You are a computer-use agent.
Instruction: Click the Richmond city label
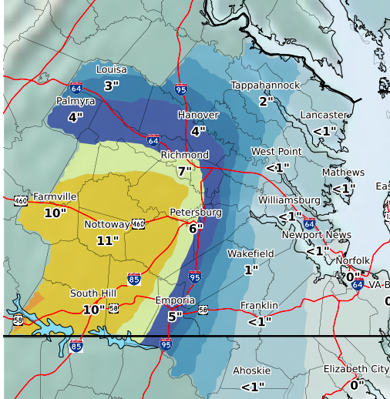184,156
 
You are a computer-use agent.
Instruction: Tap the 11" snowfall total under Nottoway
108,240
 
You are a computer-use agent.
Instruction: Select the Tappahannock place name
265,85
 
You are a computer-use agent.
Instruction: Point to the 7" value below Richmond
184,171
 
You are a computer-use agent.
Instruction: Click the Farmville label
55,197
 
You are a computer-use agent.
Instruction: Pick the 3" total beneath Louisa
112,85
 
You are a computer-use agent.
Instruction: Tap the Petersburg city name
196,212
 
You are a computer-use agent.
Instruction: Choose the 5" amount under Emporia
175,315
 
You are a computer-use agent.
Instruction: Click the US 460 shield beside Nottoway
138,224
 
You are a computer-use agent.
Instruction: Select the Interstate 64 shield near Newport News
309,224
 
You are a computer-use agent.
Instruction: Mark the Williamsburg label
288,200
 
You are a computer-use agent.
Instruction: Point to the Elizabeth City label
356,370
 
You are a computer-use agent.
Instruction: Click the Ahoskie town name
251,371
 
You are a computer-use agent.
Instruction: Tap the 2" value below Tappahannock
266,101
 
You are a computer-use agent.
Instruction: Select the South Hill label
93,293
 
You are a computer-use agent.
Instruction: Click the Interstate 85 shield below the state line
76,347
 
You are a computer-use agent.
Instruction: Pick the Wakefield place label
250,253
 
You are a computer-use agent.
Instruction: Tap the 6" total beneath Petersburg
195,228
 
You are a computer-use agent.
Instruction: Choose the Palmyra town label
76,102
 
